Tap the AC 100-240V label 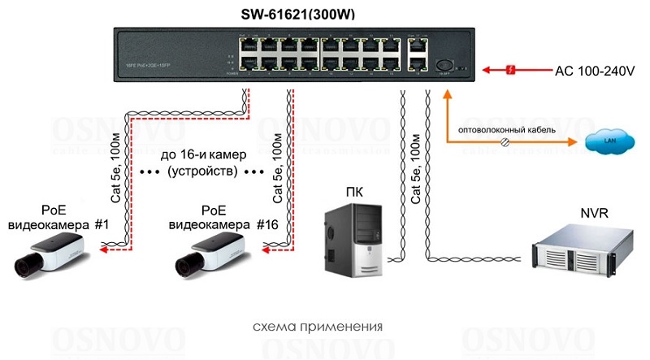click(594, 71)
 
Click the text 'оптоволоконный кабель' click(507, 129)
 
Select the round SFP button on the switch click(444, 65)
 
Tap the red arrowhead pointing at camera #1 click(96, 252)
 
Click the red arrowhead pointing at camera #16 click(259, 252)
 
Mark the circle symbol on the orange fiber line click(505, 141)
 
